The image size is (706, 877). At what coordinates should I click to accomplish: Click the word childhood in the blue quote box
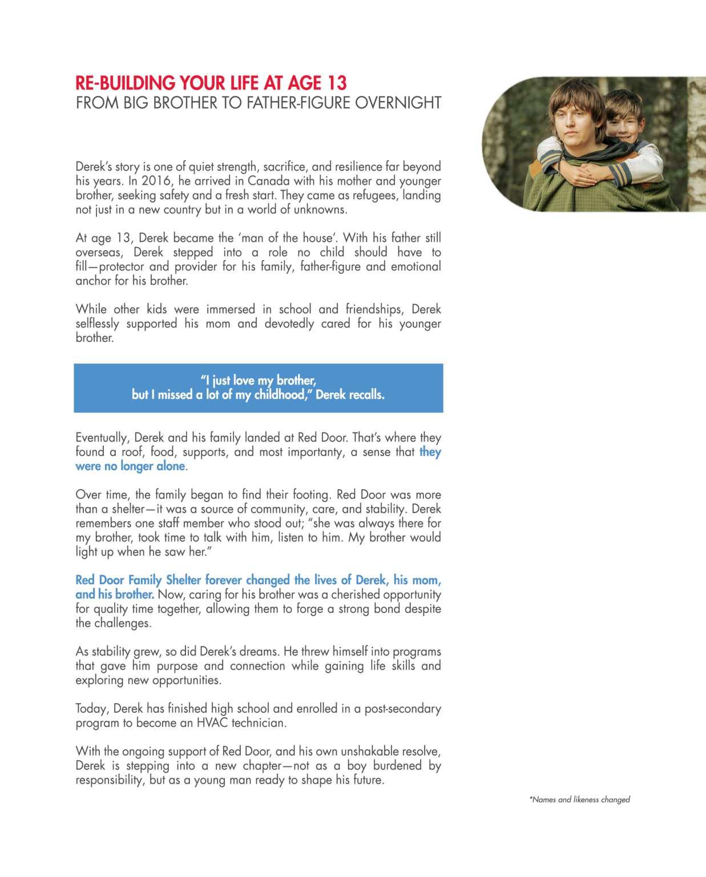(280, 395)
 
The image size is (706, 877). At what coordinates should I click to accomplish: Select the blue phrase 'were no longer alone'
(131, 466)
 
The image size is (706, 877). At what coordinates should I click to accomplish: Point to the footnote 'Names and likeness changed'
(580, 800)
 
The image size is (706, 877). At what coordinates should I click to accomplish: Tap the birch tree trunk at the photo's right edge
(697, 143)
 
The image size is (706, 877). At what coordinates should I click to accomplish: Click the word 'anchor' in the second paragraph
(93, 281)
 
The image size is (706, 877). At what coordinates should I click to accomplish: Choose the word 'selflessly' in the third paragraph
(97, 324)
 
